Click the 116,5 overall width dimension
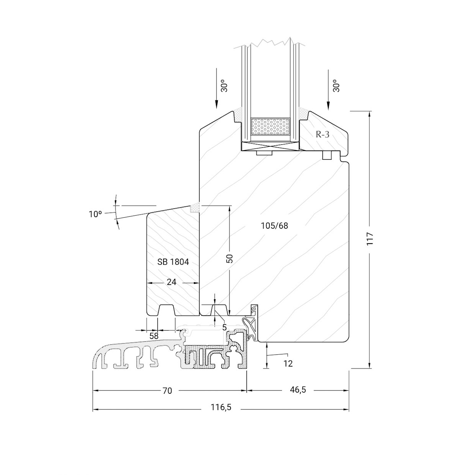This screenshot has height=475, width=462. (x=221, y=407)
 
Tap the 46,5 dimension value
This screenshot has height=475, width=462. (x=298, y=390)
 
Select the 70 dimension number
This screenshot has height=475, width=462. (x=167, y=391)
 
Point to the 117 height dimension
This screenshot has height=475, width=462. (x=370, y=239)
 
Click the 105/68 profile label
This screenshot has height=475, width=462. (x=274, y=226)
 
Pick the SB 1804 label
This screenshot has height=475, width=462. (x=173, y=262)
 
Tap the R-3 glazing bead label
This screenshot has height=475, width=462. (x=323, y=134)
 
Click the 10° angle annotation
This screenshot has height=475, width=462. (x=95, y=214)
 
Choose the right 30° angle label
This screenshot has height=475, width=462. (x=336, y=86)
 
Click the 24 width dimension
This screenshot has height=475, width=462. (x=172, y=282)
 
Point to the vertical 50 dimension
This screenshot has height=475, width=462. (x=229, y=259)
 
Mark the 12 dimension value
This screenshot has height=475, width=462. (x=288, y=364)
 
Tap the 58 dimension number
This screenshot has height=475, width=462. (x=154, y=336)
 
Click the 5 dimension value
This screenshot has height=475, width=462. (x=224, y=327)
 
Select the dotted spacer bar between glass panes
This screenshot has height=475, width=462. (x=270, y=126)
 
